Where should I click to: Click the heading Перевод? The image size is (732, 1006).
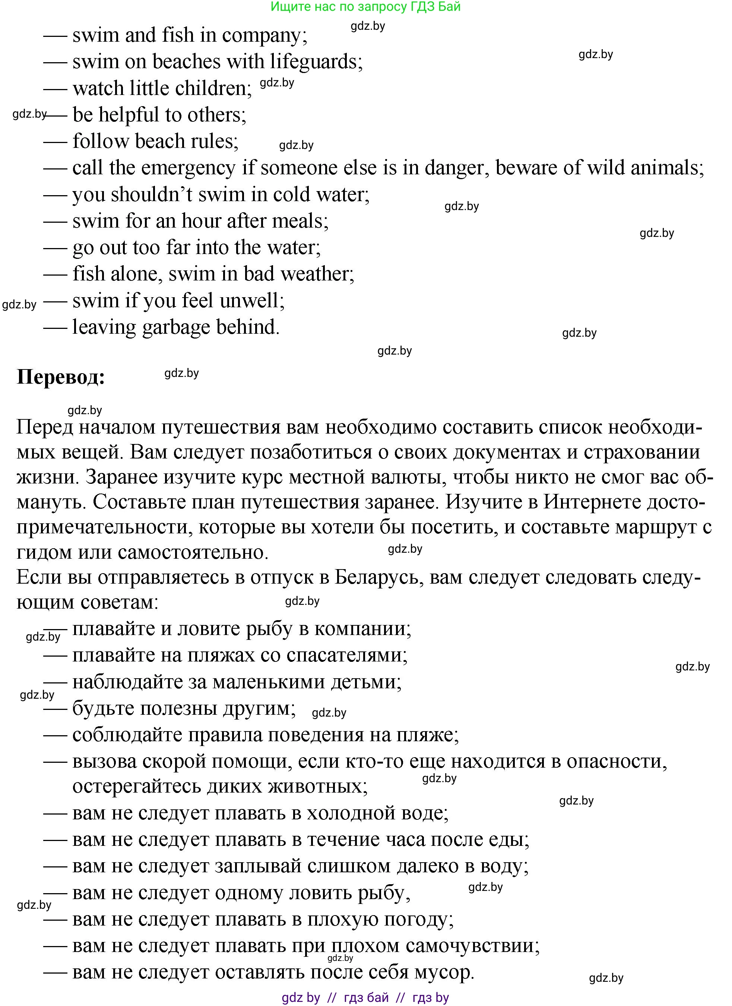pyautogui.click(x=61, y=377)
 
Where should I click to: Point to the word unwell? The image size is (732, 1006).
pyautogui.click(x=249, y=301)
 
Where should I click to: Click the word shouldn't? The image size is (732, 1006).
pyautogui.click(x=151, y=195)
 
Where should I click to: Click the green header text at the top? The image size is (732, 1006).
pyautogui.click(x=365, y=7)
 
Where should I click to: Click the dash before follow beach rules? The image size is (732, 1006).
pyautogui.click(x=55, y=142)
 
